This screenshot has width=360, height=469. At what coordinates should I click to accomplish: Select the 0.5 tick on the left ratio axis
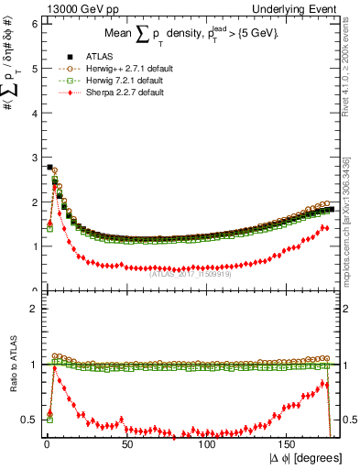click(x=27, y=420)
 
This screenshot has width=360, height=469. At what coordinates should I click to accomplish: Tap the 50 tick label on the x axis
click(x=127, y=444)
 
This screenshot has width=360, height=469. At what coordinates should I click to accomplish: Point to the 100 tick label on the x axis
click(x=207, y=444)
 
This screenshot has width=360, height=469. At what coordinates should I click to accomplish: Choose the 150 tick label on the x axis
click(x=288, y=444)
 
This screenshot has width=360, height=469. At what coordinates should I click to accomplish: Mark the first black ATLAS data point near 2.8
click(x=49, y=167)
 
